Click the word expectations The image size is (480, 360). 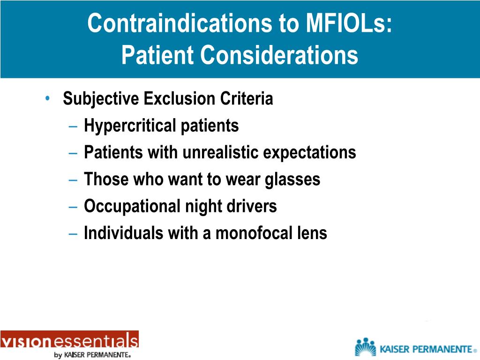point(312,152)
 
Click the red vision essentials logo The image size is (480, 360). point(69,340)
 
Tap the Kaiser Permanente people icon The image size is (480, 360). point(365,347)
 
